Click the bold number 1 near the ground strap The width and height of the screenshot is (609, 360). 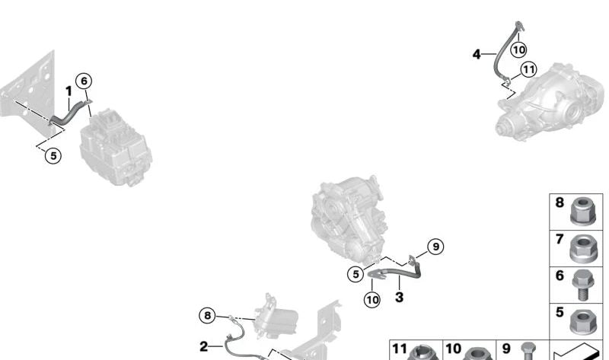69,91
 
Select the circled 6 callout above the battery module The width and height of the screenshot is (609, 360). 84,81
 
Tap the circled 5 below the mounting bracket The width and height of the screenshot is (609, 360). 53,156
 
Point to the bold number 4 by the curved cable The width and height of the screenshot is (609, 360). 477,54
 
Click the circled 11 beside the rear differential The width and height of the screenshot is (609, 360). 528,70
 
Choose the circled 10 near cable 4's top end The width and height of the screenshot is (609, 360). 518,49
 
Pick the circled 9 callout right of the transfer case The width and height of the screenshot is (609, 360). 435,247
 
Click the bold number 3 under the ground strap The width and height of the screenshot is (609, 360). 399,298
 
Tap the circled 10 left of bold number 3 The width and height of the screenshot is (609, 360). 372,300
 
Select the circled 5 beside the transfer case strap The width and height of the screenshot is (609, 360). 356,274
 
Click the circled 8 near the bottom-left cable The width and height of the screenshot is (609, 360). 207,315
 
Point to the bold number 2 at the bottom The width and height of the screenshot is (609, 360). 203,346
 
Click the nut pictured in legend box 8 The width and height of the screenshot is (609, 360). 582,211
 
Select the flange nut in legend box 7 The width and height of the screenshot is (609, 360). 582,248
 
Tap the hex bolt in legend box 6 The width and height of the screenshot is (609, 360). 582,285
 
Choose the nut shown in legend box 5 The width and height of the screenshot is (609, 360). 582,322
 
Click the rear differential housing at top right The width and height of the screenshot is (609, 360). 550,102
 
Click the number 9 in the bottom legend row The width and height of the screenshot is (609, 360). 506,349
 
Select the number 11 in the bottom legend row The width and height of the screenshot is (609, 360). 400,349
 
